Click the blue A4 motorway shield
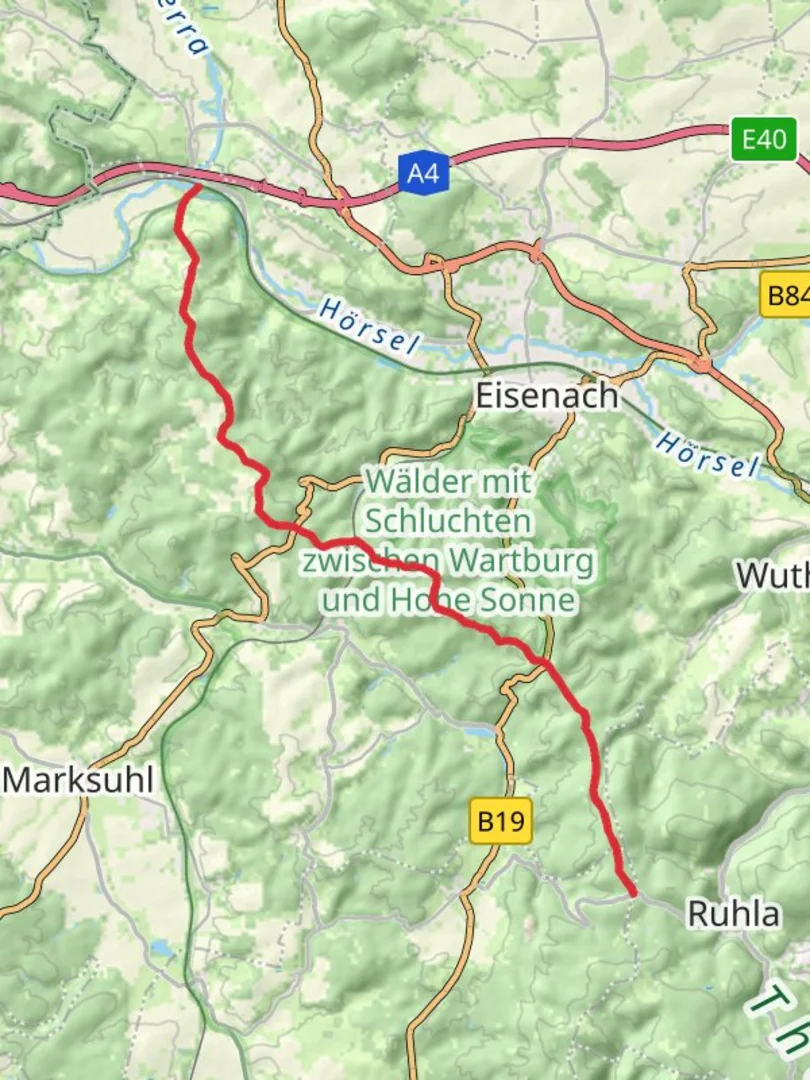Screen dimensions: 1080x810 (x=424, y=174)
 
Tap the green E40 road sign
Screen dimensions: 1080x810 (x=764, y=139)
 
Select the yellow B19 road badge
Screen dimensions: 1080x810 (x=500, y=822)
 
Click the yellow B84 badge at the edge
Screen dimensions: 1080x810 (x=786, y=297)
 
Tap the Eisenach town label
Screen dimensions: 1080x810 (x=546, y=397)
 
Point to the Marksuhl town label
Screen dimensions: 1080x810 (x=79, y=780)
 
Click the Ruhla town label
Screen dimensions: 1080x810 (x=733, y=914)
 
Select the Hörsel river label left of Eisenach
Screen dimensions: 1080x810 (x=368, y=326)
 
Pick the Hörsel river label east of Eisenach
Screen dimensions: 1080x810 (x=707, y=453)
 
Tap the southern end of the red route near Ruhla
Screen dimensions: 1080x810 (x=631, y=892)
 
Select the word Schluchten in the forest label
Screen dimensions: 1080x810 (x=449, y=521)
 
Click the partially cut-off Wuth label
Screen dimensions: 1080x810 (x=773, y=575)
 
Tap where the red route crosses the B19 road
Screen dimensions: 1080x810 (x=543, y=661)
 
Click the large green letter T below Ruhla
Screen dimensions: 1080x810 (x=771, y=1000)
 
